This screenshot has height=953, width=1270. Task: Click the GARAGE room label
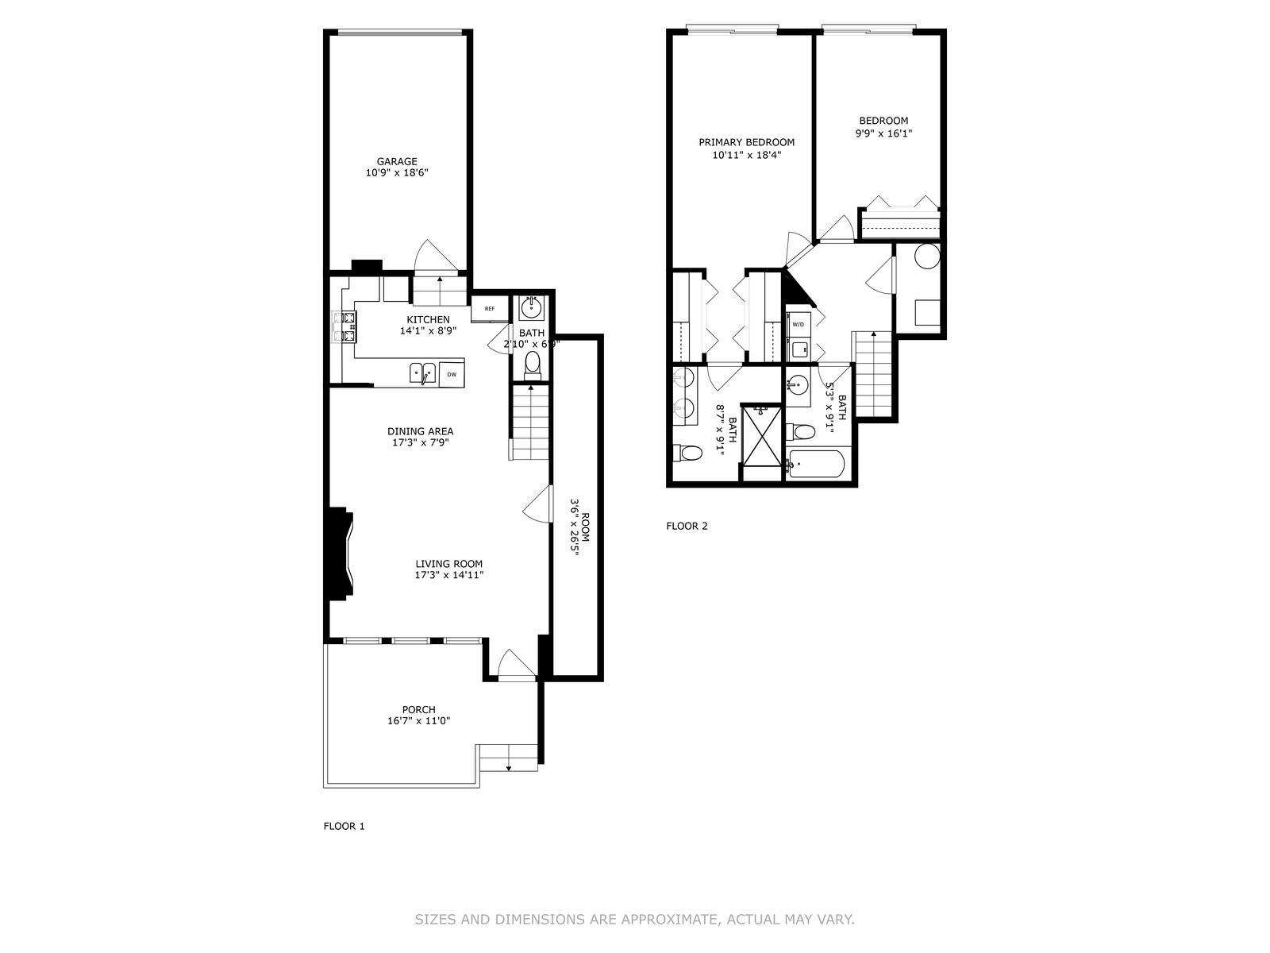397,161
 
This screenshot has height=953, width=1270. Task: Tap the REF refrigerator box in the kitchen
490,308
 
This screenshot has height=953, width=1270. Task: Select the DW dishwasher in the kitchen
452,374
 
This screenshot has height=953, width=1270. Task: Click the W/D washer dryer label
799,324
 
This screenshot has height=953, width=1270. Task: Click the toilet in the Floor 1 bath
532,365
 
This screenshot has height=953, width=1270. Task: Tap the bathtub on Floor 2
816,464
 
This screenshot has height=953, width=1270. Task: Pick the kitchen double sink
423,372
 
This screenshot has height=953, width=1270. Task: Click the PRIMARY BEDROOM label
746,142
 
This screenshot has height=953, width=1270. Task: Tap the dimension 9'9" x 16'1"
883,133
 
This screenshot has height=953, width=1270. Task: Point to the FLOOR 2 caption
687,526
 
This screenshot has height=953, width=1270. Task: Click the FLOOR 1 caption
344,826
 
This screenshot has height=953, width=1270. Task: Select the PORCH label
419,709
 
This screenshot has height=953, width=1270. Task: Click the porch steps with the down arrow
509,758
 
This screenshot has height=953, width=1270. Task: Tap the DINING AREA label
421,431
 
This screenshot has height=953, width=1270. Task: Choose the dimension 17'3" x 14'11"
449,575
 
